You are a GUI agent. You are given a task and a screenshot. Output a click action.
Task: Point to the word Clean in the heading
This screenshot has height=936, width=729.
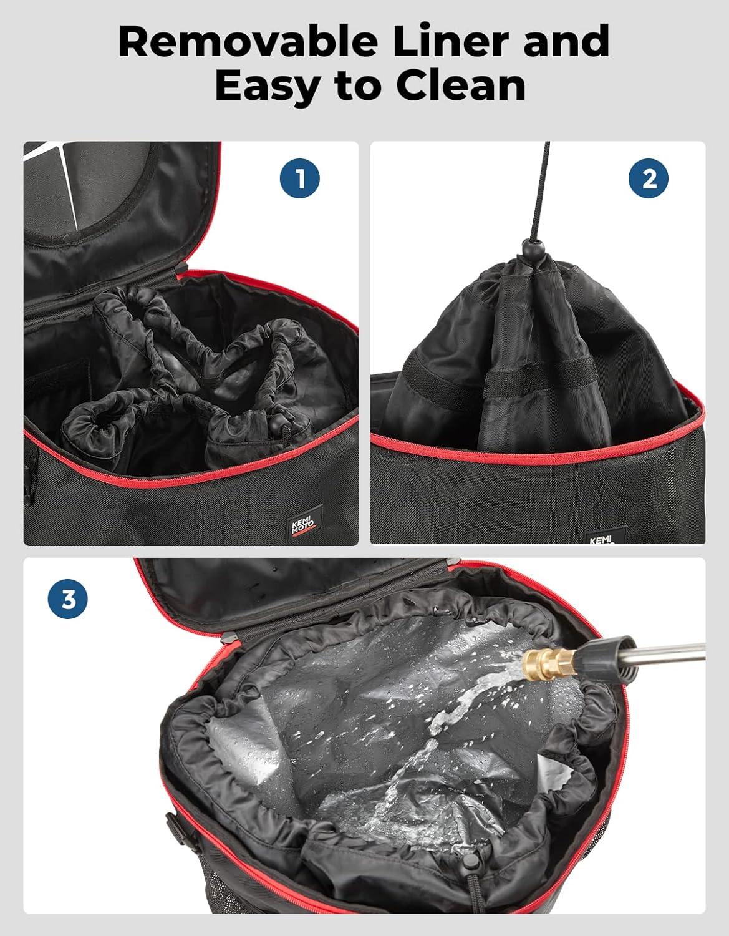[x=460, y=85]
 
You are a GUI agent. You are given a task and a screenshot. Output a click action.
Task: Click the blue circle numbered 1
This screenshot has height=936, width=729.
[x=299, y=178]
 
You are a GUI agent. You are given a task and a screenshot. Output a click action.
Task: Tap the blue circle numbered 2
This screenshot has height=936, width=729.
[x=648, y=178]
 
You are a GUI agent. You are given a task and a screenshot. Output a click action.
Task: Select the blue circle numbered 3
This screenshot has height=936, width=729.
[x=67, y=599]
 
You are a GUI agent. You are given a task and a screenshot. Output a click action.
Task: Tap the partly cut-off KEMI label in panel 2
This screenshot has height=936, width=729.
[x=599, y=538]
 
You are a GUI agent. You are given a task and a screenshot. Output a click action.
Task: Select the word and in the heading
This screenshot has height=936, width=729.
[x=566, y=41]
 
